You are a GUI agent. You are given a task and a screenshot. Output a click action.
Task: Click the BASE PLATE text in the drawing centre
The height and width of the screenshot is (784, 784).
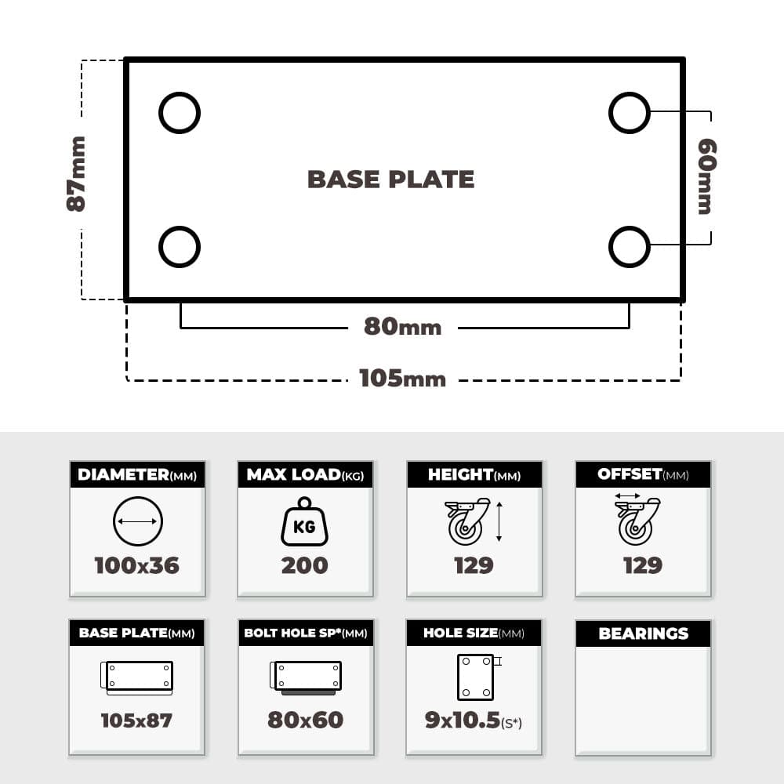click(390, 180)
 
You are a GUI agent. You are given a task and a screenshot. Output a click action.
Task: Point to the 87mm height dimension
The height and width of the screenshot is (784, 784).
click(77, 173)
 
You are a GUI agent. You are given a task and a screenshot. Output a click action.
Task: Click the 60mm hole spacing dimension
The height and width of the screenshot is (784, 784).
click(707, 176)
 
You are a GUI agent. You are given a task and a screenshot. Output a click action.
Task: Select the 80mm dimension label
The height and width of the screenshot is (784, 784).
click(402, 326)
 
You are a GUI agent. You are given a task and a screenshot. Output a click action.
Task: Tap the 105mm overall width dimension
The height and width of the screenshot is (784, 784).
click(402, 379)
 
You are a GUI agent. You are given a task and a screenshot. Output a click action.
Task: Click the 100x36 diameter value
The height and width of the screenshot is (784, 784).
click(137, 565)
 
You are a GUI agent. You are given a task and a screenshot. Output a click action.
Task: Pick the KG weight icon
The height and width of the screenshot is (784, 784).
click(304, 521)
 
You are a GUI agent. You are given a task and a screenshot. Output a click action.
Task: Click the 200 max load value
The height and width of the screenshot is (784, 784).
click(304, 565)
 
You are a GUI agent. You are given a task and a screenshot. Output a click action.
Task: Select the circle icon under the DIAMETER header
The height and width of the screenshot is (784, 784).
click(114, 521)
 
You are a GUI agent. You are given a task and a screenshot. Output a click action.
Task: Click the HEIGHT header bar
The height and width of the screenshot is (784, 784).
click(474, 474)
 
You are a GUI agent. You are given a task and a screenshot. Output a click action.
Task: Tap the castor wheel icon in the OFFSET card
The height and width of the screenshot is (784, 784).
click(637, 521)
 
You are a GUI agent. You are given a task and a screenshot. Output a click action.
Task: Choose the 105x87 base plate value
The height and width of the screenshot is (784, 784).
click(136, 720)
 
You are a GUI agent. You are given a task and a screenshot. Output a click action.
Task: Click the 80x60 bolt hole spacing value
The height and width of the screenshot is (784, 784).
click(306, 720)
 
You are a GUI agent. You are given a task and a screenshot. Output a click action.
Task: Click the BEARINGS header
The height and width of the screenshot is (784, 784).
click(644, 633)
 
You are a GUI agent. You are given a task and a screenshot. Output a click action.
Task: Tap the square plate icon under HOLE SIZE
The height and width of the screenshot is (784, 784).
click(458, 677)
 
